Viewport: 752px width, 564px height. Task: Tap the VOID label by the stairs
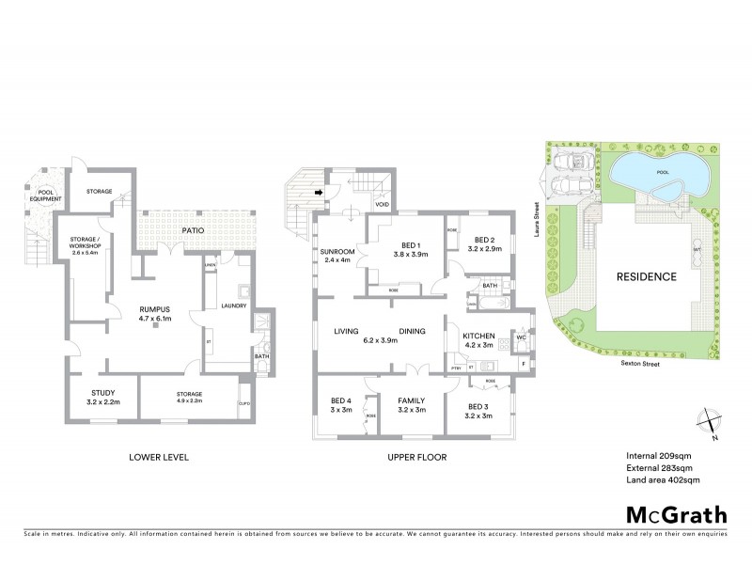382,204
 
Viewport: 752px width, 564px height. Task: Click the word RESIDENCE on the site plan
646,276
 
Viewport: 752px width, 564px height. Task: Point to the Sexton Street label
639,360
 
